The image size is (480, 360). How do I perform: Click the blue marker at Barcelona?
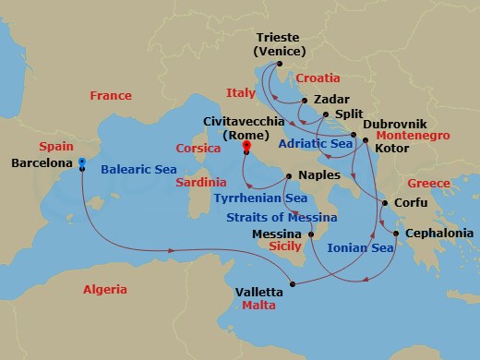pyautogui.click(x=82, y=162)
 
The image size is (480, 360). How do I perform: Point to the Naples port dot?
pyautogui.click(x=289, y=174)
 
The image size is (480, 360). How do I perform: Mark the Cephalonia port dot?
pyautogui.click(x=395, y=234)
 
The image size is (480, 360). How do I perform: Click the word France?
pyautogui.click(x=111, y=96)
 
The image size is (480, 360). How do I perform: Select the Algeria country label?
pyautogui.click(x=105, y=289)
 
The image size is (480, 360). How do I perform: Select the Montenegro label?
pyautogui.click(x=412, y=135)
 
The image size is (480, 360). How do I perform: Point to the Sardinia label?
pyautogui.click(x=201, y=183)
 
